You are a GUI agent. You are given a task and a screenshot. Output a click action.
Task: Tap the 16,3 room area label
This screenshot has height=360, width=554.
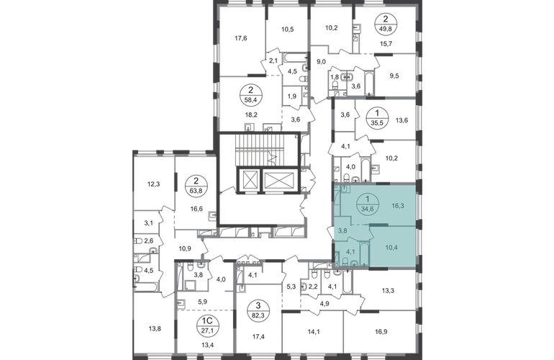click(x=397, y=205)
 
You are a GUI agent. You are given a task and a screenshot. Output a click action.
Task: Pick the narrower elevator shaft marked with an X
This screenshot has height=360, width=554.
click(x=249, y=180)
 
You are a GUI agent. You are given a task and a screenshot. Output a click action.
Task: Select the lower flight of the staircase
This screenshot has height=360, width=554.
click(x=263, y=160)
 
